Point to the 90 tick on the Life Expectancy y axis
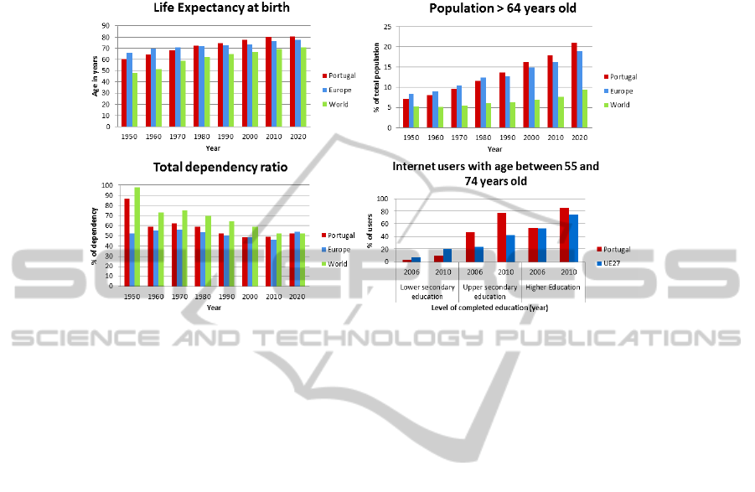coord(106,26)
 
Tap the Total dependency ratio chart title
coord(220,168)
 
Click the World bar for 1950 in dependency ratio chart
coord(137,236)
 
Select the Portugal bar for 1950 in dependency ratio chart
coord(126,241)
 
